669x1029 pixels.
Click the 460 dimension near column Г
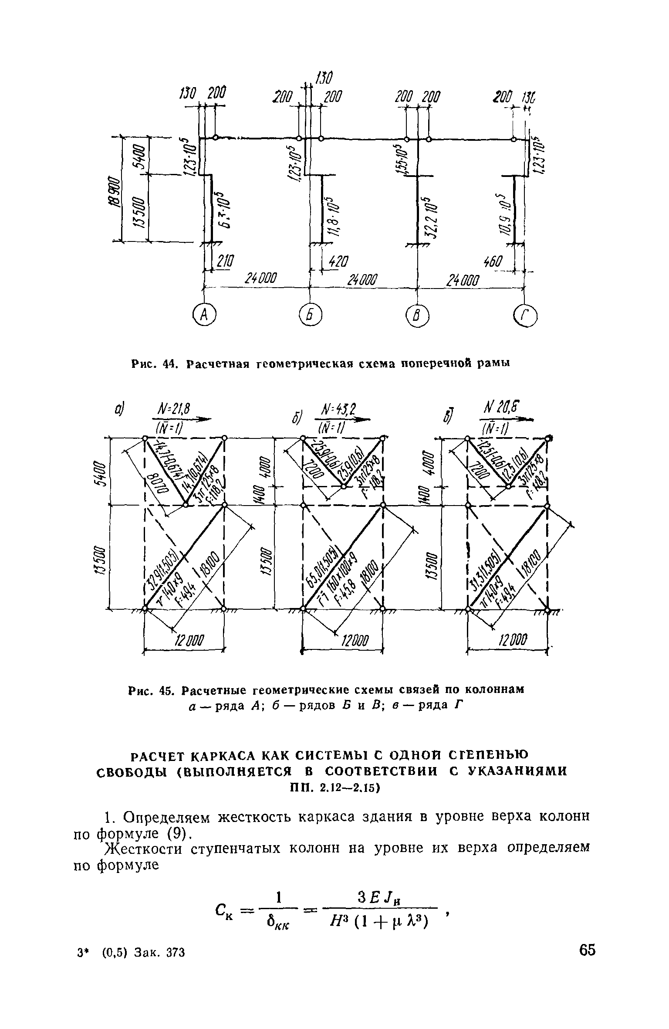click(x=493, y=262)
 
